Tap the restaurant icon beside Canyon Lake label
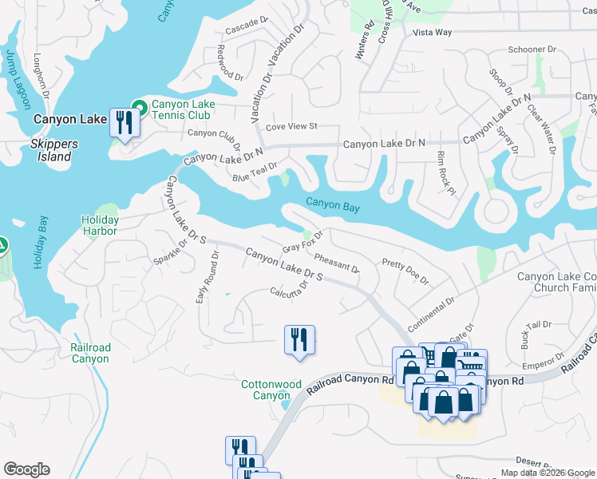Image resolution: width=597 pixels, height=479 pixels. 124,122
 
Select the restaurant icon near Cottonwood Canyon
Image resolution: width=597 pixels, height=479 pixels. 299,338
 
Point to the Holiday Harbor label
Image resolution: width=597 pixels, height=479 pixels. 100,225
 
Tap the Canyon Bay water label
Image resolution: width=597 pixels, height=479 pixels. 332,207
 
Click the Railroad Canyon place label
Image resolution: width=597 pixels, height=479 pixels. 90,353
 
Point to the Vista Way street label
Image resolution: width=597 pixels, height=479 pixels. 433,33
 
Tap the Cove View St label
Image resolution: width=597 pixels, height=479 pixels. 291,126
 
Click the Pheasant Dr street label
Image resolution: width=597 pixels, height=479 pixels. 336,263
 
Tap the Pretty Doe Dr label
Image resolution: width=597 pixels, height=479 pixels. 405,271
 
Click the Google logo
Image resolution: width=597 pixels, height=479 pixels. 26,469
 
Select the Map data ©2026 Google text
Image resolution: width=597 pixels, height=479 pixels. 547,473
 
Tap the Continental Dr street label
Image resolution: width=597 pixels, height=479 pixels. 430,316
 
